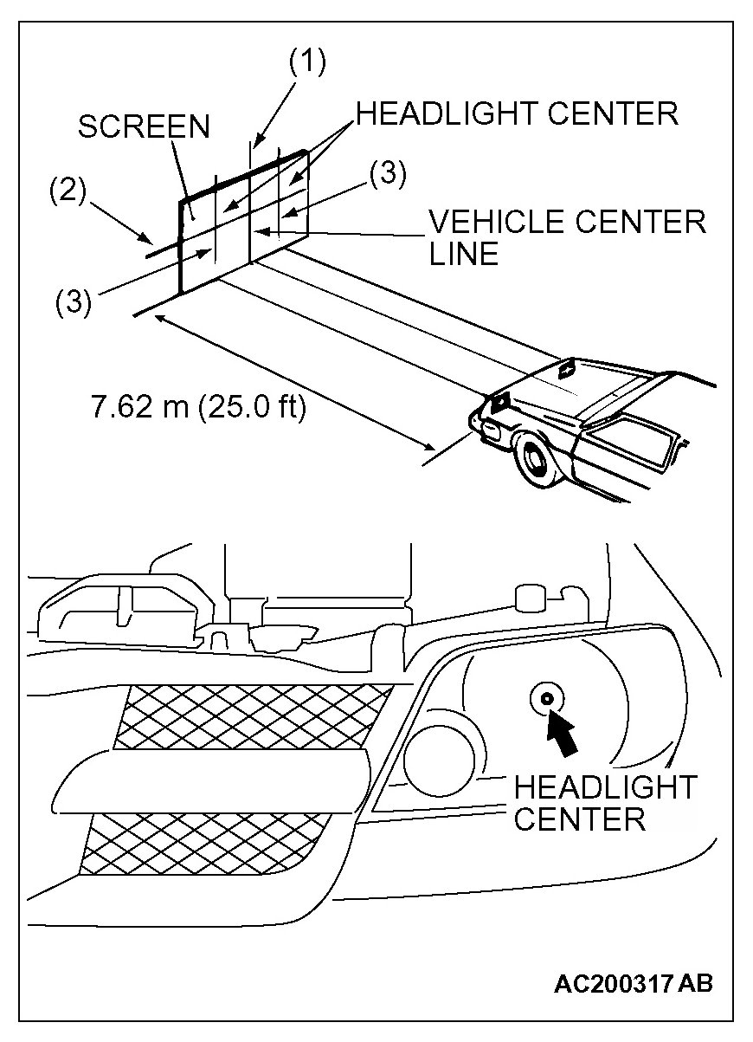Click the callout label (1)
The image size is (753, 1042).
click(306, 63)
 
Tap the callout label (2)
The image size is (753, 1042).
click(68, 191)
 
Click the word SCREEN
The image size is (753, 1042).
click(144, 126)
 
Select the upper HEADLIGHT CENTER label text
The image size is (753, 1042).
click(518, 113)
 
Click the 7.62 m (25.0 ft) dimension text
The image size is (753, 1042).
click(198, 405)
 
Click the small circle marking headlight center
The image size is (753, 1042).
click(546, 698)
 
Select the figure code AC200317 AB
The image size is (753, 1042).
click(634, 984)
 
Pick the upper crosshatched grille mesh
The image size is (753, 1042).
click(251, 715)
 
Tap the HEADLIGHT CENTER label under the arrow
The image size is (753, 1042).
click(604, 803)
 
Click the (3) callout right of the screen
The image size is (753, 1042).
click(388, 174)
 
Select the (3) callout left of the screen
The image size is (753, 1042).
click(74, 303)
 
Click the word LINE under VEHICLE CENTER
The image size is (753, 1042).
click(464, 253)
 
